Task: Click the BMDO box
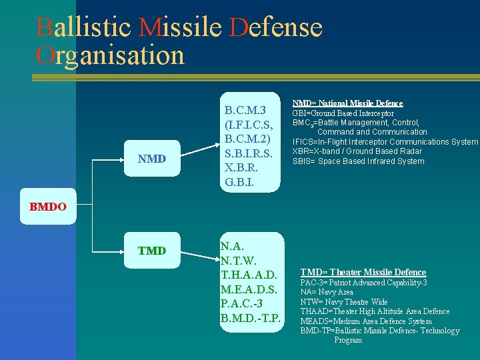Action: coord(47,207)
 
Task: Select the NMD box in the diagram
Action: coord(151,159)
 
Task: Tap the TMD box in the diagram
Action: coord(151,251)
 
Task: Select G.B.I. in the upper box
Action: coord(239,181)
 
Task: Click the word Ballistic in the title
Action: coord(85,27)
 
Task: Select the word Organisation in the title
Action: coord(111,55)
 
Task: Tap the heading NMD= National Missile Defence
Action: coord(347,103)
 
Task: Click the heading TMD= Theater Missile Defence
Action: coord(363,272)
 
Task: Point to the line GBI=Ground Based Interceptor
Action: coord(343,113)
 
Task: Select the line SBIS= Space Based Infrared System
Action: coord(358,161)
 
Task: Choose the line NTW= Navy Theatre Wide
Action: coord(343,302)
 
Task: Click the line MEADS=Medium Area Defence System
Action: coord(366,321)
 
